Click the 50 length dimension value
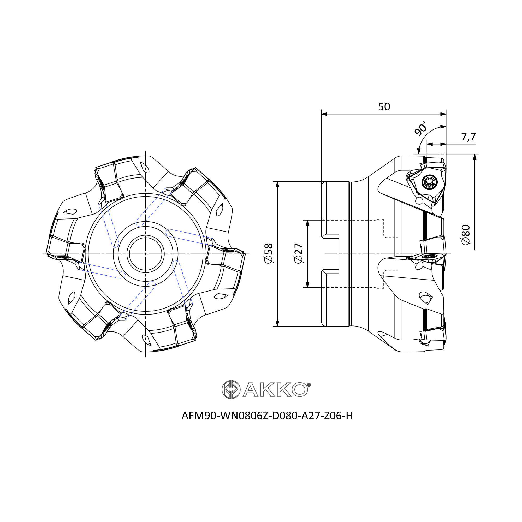tap(384, 107)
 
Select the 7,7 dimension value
tap(468, 137)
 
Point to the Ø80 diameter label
tap(466, 235)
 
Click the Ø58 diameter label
tap(269, 253)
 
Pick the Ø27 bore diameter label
tap(299, 253)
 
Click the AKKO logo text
tap(275, 389)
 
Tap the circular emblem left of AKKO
tap(231, 389)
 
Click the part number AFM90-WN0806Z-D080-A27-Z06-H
tap(267, 416)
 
